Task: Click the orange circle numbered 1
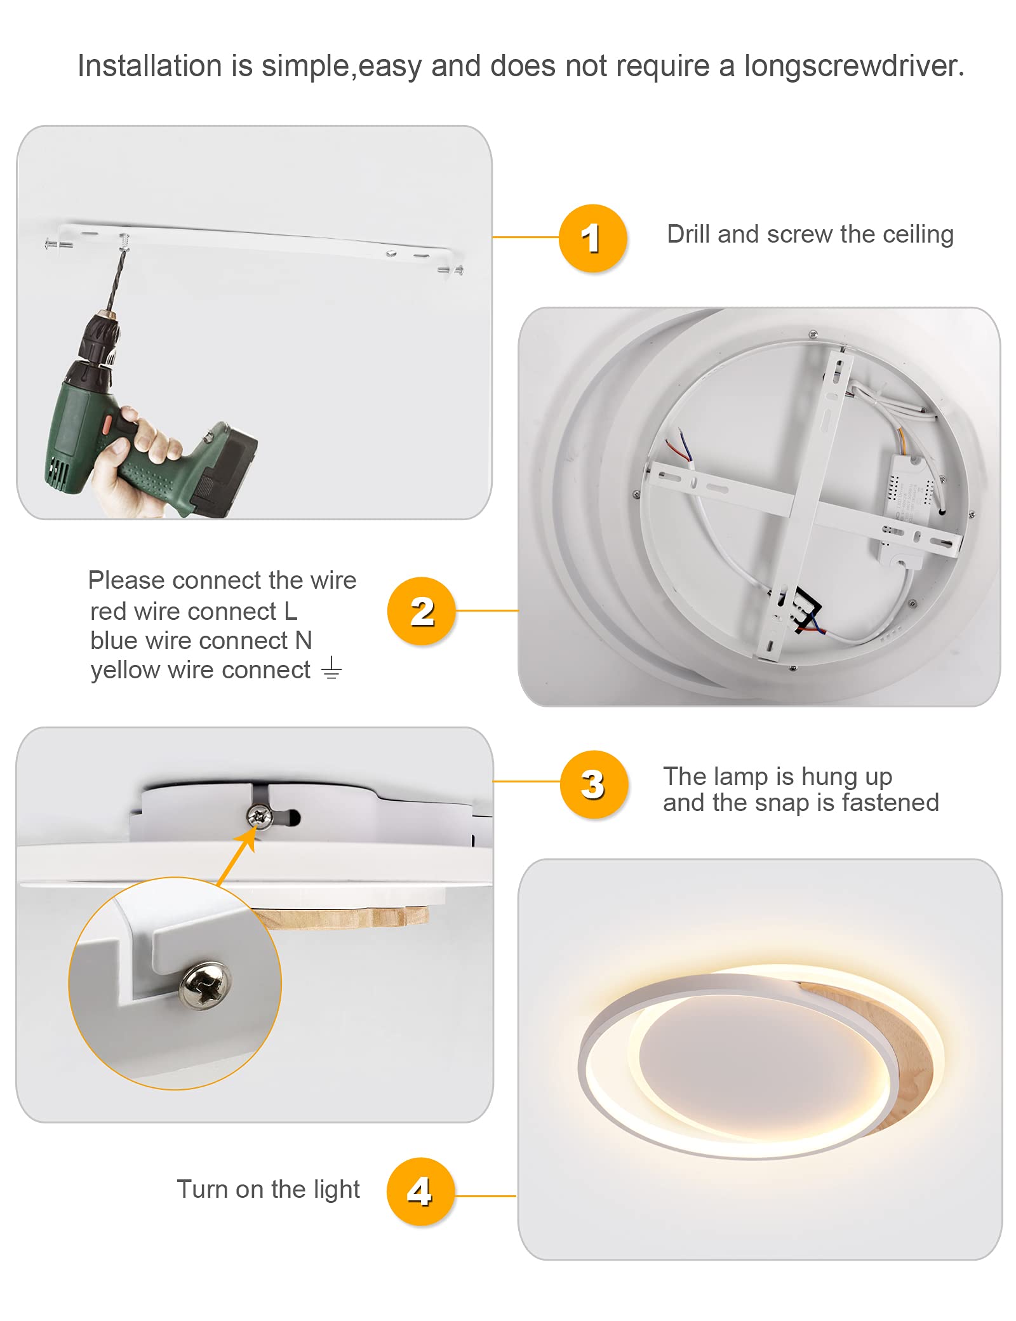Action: [x=592, y=238]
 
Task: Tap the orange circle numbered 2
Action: [x=422, y=611]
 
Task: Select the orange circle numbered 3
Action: [x=594, y=784]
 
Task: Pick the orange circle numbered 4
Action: [x=420, y=1191]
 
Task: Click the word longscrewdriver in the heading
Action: [x=854, y=66]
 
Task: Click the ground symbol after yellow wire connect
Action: [x=331, y=669]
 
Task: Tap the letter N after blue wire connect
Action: [x=304, y=640]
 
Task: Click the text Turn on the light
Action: [x=268, y=1190]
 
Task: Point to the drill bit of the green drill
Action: [x=117, y=279]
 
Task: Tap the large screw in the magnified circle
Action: [x=205, y=984]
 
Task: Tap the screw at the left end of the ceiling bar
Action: [x=57, y=243]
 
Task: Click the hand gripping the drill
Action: [x=130, y=460]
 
